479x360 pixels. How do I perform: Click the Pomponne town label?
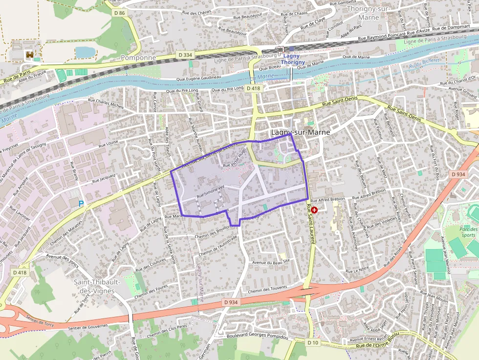138,57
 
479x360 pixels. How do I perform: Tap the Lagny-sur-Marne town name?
300,132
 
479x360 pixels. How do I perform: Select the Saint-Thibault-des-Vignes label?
94,286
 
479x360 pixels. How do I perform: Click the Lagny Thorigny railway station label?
293,59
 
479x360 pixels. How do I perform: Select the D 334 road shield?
185,55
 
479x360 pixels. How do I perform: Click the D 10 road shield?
313,342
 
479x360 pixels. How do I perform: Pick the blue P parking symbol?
81,203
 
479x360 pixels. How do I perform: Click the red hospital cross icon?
314,210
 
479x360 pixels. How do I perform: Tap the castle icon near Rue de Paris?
29,55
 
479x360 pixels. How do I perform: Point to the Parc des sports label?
468,232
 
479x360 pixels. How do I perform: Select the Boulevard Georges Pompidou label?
258,337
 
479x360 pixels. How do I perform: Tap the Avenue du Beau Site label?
271,261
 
